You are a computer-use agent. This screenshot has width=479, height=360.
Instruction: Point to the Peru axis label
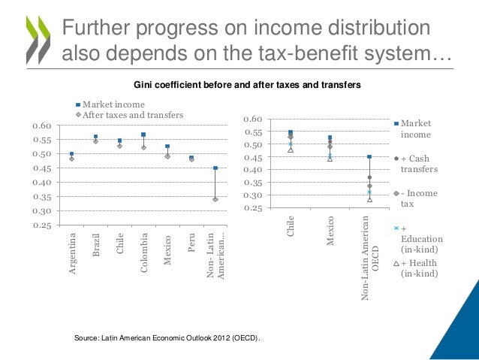pyautogui.click(x=191, y=247)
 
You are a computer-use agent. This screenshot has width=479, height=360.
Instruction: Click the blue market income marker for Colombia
pyautogui.click(x=143, y=135)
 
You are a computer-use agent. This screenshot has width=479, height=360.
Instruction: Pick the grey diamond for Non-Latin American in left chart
pyautogui.click(x=215, y=199)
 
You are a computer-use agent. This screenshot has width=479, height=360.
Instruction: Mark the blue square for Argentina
pyautogui.click(x=72, y=153)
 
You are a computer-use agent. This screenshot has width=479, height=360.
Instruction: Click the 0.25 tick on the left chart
pyautogui.click(x=50, y=225)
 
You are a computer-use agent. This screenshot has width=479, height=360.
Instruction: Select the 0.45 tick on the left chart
pyautogui.click(x=50, y=168)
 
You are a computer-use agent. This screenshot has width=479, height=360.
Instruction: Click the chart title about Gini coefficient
pyautogui.click(x=247, y=86)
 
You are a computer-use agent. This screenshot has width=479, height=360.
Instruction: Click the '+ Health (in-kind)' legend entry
pyautogui.click(x=421, y=268)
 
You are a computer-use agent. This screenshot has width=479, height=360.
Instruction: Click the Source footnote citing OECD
pyautogui.click(x=167, y=340)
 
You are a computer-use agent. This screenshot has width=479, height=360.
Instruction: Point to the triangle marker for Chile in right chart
pyautogui.click(x=291, y=150)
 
